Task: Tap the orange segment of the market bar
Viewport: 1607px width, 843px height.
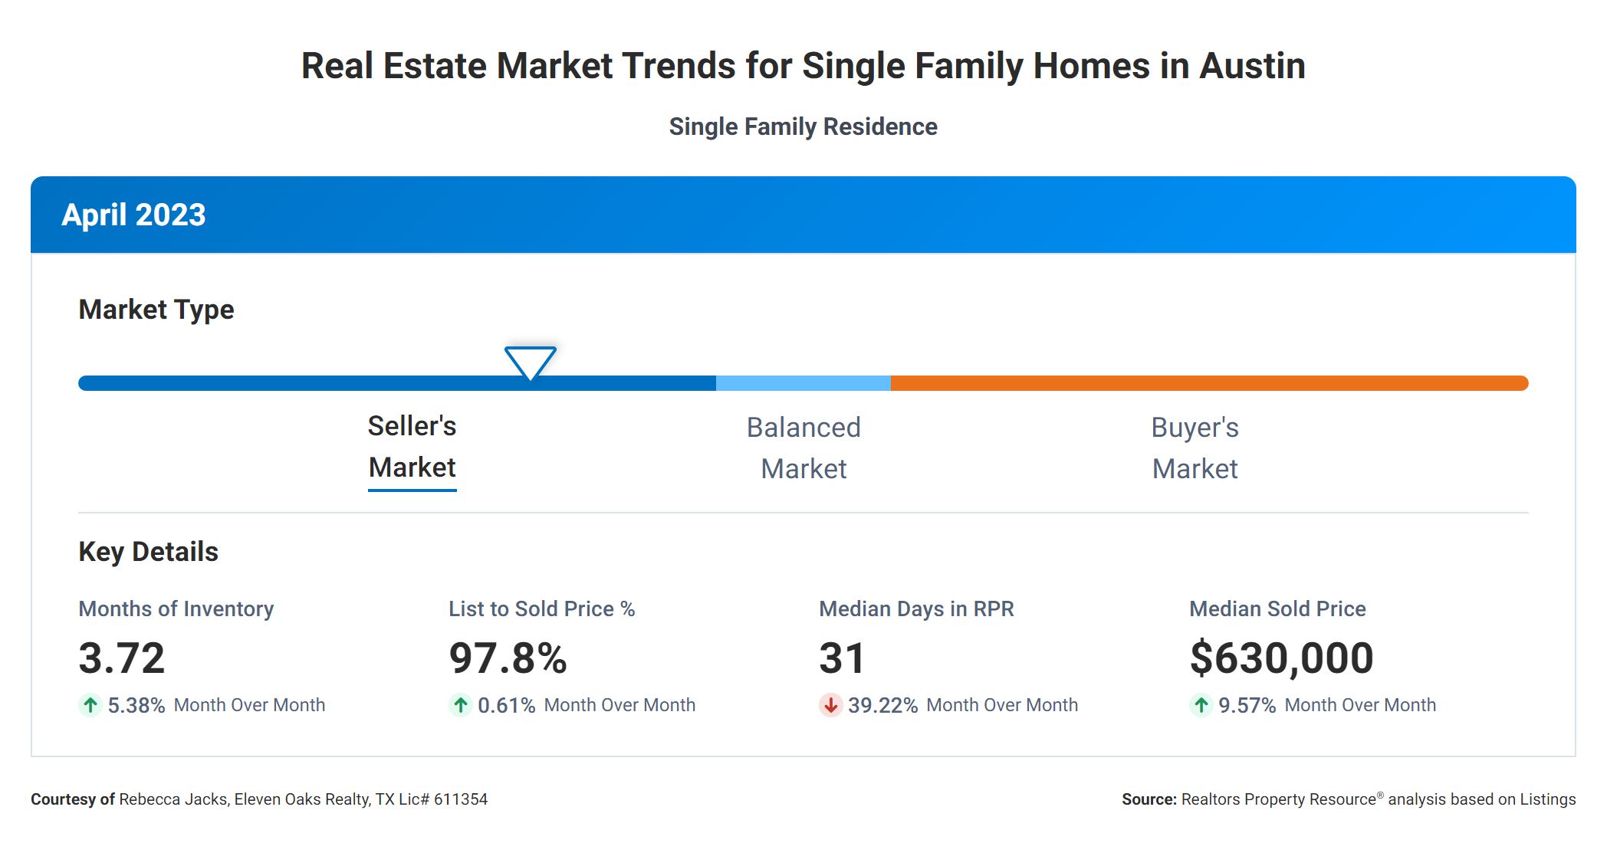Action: (x=1209, y=383)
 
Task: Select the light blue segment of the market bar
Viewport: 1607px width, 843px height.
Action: (x=803, y=383)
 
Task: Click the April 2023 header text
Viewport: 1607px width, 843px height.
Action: (x=133, y=215)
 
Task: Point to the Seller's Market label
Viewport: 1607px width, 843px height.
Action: (x=412, y=447)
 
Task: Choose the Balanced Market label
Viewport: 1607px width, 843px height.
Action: (x=803, y=448)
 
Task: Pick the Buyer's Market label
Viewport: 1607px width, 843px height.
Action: (x=1195, y=448)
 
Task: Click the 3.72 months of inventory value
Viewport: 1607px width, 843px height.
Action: (x=122, y=658)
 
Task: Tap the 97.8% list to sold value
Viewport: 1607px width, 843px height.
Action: (x=508, y=658)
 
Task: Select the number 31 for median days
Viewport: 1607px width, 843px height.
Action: (x=842, y=658)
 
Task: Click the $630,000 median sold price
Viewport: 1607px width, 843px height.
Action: (x=1281, y=658)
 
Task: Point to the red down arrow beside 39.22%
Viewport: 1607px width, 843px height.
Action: (x=830, y=705)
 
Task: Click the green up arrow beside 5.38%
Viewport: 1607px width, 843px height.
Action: (x=90, y=705)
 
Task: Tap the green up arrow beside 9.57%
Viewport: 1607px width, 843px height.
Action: (x=1201, y=705)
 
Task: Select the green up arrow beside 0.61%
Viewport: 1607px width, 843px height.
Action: (x=460, y=705)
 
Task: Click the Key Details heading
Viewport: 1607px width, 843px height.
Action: (x=148, y=552)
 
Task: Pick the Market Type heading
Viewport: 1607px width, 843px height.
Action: (x=156, y=310)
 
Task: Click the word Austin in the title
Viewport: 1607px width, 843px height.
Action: (x=1252, y=66)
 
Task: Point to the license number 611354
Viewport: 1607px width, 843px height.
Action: (x=460, y=799)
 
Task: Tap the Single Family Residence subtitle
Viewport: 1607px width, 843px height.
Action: (x=803, y=126)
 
